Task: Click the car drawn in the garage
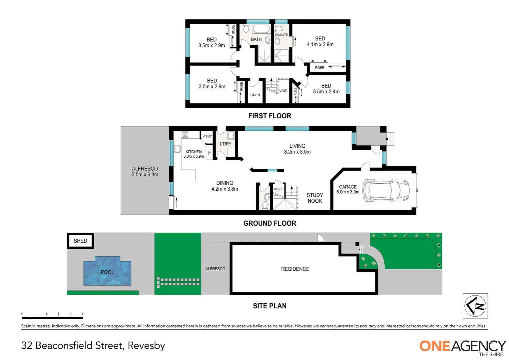click(386, 190)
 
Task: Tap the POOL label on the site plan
click(107, 272)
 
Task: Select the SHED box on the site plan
click(80, 241)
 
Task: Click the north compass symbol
click(475, 306)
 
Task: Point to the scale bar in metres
click(52, 317)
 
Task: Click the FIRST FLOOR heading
click(269, 116)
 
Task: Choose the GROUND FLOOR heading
click(269, 223)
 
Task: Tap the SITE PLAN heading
click(269, 306)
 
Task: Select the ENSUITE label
click(281, 35)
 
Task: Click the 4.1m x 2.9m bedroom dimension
click(320, 44)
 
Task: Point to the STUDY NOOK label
click(314, 198)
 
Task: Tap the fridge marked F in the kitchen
click(210, 153)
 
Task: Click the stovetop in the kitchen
click(185, 135)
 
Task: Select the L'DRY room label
click(226, 144)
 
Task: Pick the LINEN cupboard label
click(255, 95)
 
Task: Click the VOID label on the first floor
click(283, 91)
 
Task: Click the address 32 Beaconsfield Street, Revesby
click(93, 345)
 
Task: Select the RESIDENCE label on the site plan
click(295, 269)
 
